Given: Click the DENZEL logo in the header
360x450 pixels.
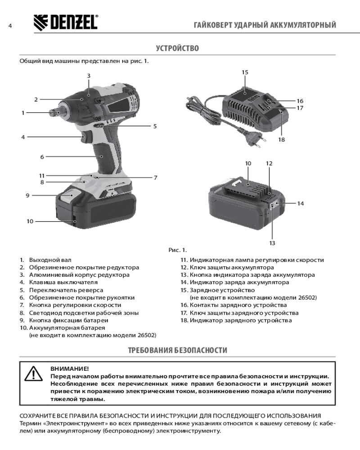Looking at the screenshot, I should pyautogui.click(x=66, y=22).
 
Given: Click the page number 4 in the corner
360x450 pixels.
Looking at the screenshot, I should pyautogui.click(x=9, y=26).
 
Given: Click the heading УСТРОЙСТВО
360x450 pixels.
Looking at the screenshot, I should pyautogui.click(x=177, y=48).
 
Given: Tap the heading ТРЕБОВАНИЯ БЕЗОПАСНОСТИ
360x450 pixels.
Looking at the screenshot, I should pyautogui.click(x=177, y=350).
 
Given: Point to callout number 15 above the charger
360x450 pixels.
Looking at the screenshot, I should pyautogui.click(x=245, y=72).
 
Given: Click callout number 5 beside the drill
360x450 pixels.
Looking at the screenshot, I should pyautogui.click(x=154, y=126).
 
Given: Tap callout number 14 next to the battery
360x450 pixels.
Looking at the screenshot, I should pyautogui.click(x=300, y=203).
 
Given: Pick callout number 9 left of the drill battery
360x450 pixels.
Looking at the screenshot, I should pyautogui.click(x=27, y=195).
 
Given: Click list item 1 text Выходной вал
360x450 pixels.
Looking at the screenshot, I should pyautogui.click(x=50, y=260).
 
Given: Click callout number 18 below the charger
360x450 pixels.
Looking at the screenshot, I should pyautogui.click(x=281, y=139).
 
